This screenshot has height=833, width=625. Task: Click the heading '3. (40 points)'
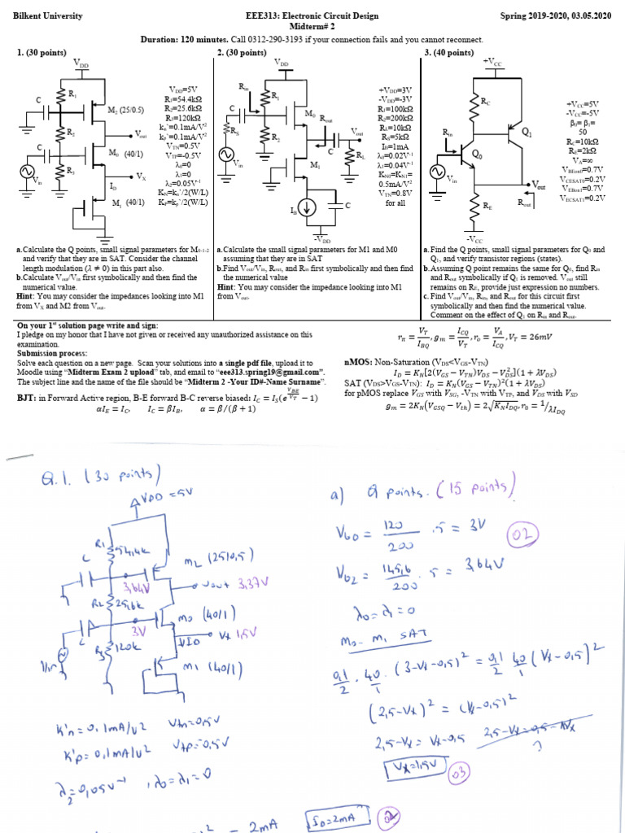[449, 52]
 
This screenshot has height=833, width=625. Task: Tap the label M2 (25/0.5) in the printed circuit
[126, 108]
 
